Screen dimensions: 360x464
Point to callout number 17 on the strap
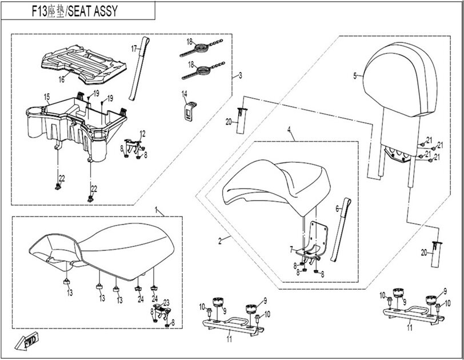(135, 50)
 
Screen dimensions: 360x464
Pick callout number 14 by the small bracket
(185, 93)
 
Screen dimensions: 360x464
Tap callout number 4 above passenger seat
(290, 131)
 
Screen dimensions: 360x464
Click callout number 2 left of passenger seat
(220, 241)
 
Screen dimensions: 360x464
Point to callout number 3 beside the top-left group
(241, 75)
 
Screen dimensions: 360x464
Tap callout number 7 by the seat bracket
(290, 250)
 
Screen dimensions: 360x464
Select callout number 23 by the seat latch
(167, 303)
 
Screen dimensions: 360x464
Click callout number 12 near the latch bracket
(143, 134)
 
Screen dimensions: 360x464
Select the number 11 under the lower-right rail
(409, 329)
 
